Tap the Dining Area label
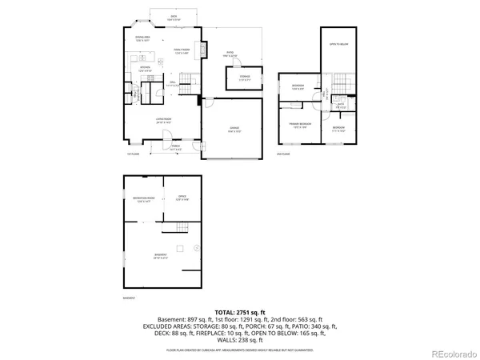point(143,38)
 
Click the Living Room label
point(165,120)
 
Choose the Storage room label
point(244,78)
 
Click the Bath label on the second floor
point(340,105)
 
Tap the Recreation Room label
point(143,199)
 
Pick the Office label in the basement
point(182,198)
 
